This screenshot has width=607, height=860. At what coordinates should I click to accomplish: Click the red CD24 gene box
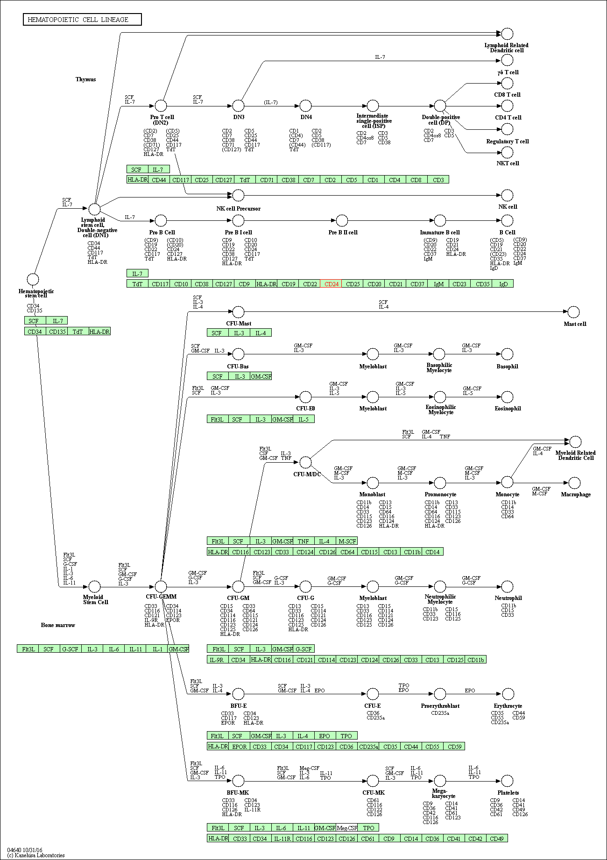331,284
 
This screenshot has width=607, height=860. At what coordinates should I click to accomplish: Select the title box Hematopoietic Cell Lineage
82,20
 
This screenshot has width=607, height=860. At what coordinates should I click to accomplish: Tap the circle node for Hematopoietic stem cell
33,280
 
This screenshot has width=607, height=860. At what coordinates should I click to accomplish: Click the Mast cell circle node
573,312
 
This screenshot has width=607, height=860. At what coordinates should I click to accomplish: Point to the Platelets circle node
507,781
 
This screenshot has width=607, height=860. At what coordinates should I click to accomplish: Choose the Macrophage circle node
575,483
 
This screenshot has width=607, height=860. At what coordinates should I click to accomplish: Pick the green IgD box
503,284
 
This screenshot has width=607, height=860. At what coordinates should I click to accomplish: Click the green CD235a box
368,747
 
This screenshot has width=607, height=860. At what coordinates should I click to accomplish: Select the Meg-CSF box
347,828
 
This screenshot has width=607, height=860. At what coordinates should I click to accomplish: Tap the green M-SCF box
347,541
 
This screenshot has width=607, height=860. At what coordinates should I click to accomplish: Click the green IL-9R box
217,660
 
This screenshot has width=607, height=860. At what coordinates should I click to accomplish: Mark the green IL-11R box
282,839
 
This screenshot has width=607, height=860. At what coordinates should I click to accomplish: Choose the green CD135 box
57,331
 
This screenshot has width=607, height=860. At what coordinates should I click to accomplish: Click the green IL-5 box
303,419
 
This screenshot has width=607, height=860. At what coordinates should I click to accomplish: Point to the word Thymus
85,79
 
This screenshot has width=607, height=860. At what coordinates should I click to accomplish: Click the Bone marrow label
58,625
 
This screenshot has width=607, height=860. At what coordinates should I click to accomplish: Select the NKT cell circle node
507,152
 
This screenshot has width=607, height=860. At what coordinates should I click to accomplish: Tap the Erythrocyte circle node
507,694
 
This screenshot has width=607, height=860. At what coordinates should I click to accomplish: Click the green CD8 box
416,180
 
